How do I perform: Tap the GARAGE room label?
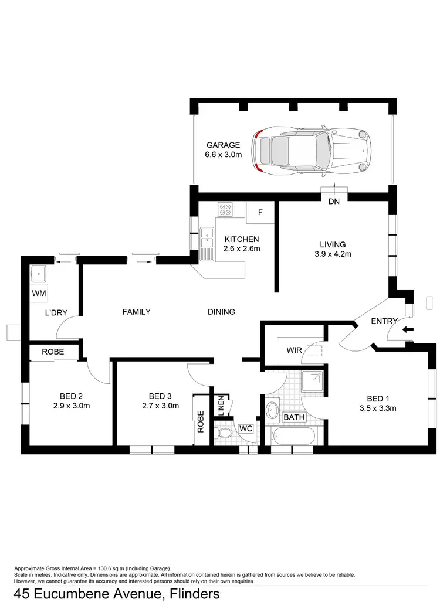pos(223,145)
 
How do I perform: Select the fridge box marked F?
pos(260,212)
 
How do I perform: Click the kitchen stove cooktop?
pos(225,209)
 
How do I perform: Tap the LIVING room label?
pos(333,244)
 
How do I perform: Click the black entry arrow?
pos(408,329)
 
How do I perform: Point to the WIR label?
pos(294,350)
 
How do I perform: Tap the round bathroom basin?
pos(273,410)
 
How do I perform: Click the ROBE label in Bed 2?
pos(53,352)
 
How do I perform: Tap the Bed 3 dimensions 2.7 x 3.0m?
pos(159,405)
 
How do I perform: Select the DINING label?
pos(221,312)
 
